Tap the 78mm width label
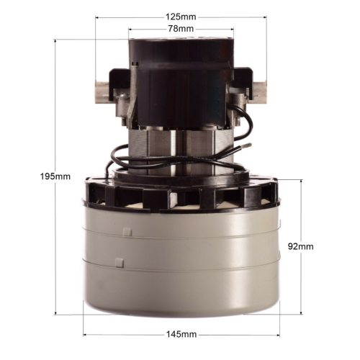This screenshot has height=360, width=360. click(x=181, y=28)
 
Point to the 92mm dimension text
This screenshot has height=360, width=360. click(x=300, y=246)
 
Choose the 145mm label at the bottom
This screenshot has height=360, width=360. click(x=181, y=335)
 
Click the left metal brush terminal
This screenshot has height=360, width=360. click(x=102, y=92)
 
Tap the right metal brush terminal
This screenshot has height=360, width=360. click(x=258, y=92)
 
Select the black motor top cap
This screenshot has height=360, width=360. click(x=181, y=54)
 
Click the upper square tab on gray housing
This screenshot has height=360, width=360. click(x=127, y=232)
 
